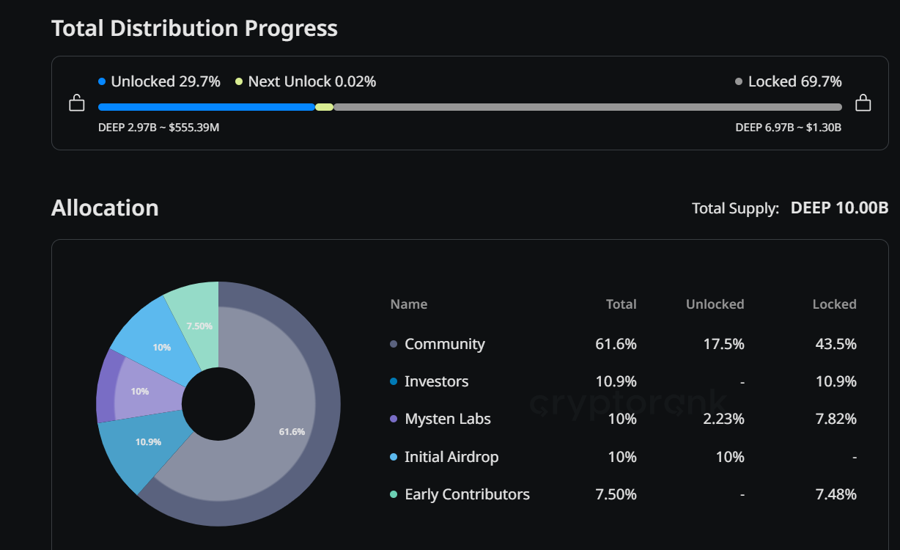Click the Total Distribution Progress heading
[x=194, y=29]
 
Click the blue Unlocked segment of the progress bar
[x=206, y=107]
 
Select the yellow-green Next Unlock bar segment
[x=324, y=107]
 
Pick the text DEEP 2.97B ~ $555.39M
[x=159, y=128]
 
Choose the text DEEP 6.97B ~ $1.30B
[x=788, y=128]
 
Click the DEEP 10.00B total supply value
[x=839, y=208]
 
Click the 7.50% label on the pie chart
[x=199, y=326]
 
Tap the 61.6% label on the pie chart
[x=292, y=431]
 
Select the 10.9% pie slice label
[x=148, y=441]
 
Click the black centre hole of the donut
[x=218, y=404]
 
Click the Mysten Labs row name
[x=447, y=419]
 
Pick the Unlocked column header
[x=715, y=304]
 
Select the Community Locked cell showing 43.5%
[x=836, y=344]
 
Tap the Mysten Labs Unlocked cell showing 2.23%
[x=724, y=419]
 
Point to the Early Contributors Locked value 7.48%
[x=836, y=494]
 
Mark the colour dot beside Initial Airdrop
[x=394, y=457]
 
